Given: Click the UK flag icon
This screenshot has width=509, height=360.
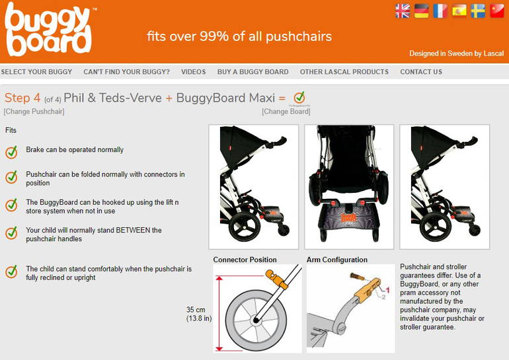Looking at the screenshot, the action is pos(403,11).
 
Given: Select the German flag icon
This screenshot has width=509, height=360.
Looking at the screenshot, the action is pos(421,11).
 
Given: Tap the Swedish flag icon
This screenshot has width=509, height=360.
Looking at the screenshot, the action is pos(478,11).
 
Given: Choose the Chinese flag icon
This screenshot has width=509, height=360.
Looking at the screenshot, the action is pos(496,11).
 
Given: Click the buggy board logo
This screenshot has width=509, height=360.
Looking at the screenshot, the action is pos(49,30).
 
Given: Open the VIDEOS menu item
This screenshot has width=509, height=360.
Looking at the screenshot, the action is pos(194,72).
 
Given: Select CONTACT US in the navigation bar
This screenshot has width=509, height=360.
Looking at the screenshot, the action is pos(421,72).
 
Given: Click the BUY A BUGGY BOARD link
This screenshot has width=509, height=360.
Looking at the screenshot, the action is pos(253,72).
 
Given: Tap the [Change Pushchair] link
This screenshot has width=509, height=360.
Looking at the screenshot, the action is pos(34,112).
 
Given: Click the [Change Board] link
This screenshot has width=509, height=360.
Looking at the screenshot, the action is pos(286,112).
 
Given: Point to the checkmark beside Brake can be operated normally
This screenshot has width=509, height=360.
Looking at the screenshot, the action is pos(11,152).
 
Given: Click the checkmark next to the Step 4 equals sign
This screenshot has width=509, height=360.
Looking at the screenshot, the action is pos(299,97).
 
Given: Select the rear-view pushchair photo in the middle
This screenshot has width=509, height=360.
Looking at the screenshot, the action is pos(349,187).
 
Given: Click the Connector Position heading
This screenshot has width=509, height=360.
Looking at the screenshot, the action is pos(245,260).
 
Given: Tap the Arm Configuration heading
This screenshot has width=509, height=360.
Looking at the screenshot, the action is pos(337,260).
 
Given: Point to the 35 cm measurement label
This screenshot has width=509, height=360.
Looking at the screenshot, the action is pos(196,310).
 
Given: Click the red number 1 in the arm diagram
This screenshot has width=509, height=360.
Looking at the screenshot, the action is pos(387,290).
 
